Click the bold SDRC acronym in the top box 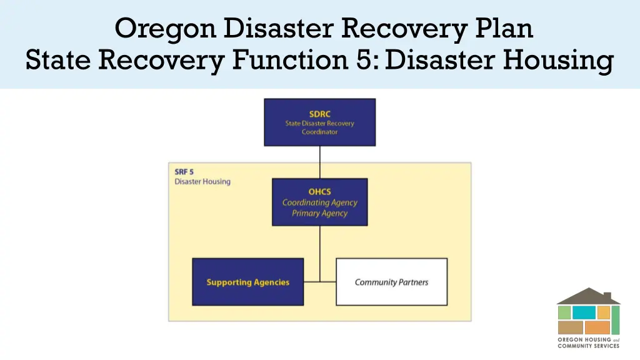point(319,114)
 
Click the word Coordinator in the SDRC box point(319,132)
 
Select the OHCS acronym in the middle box point(319,192)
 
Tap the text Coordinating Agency point(319,202)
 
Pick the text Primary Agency point(319,213)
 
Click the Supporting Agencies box point(248,282)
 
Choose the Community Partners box point(392,282)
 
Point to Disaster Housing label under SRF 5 point(202,182)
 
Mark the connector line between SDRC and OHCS point(320,162)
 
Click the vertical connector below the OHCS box point(320,250)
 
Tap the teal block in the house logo point(584,312)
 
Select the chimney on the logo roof point(607,294)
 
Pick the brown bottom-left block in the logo point(570,327)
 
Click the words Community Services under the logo point(588,346)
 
